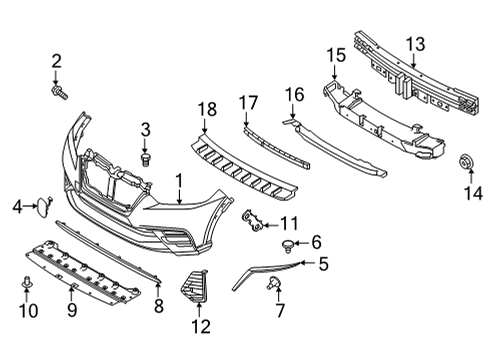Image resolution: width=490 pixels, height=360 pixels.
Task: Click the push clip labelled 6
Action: pos(290,243)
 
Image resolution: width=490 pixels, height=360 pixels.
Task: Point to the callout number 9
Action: pos(72,311)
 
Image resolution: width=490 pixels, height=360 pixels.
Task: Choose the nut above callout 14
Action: pos(466,162)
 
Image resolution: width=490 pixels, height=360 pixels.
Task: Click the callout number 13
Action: pos(414,42)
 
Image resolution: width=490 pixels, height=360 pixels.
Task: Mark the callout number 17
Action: pos(248,101)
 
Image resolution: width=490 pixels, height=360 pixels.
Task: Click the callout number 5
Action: pos(323,264)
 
